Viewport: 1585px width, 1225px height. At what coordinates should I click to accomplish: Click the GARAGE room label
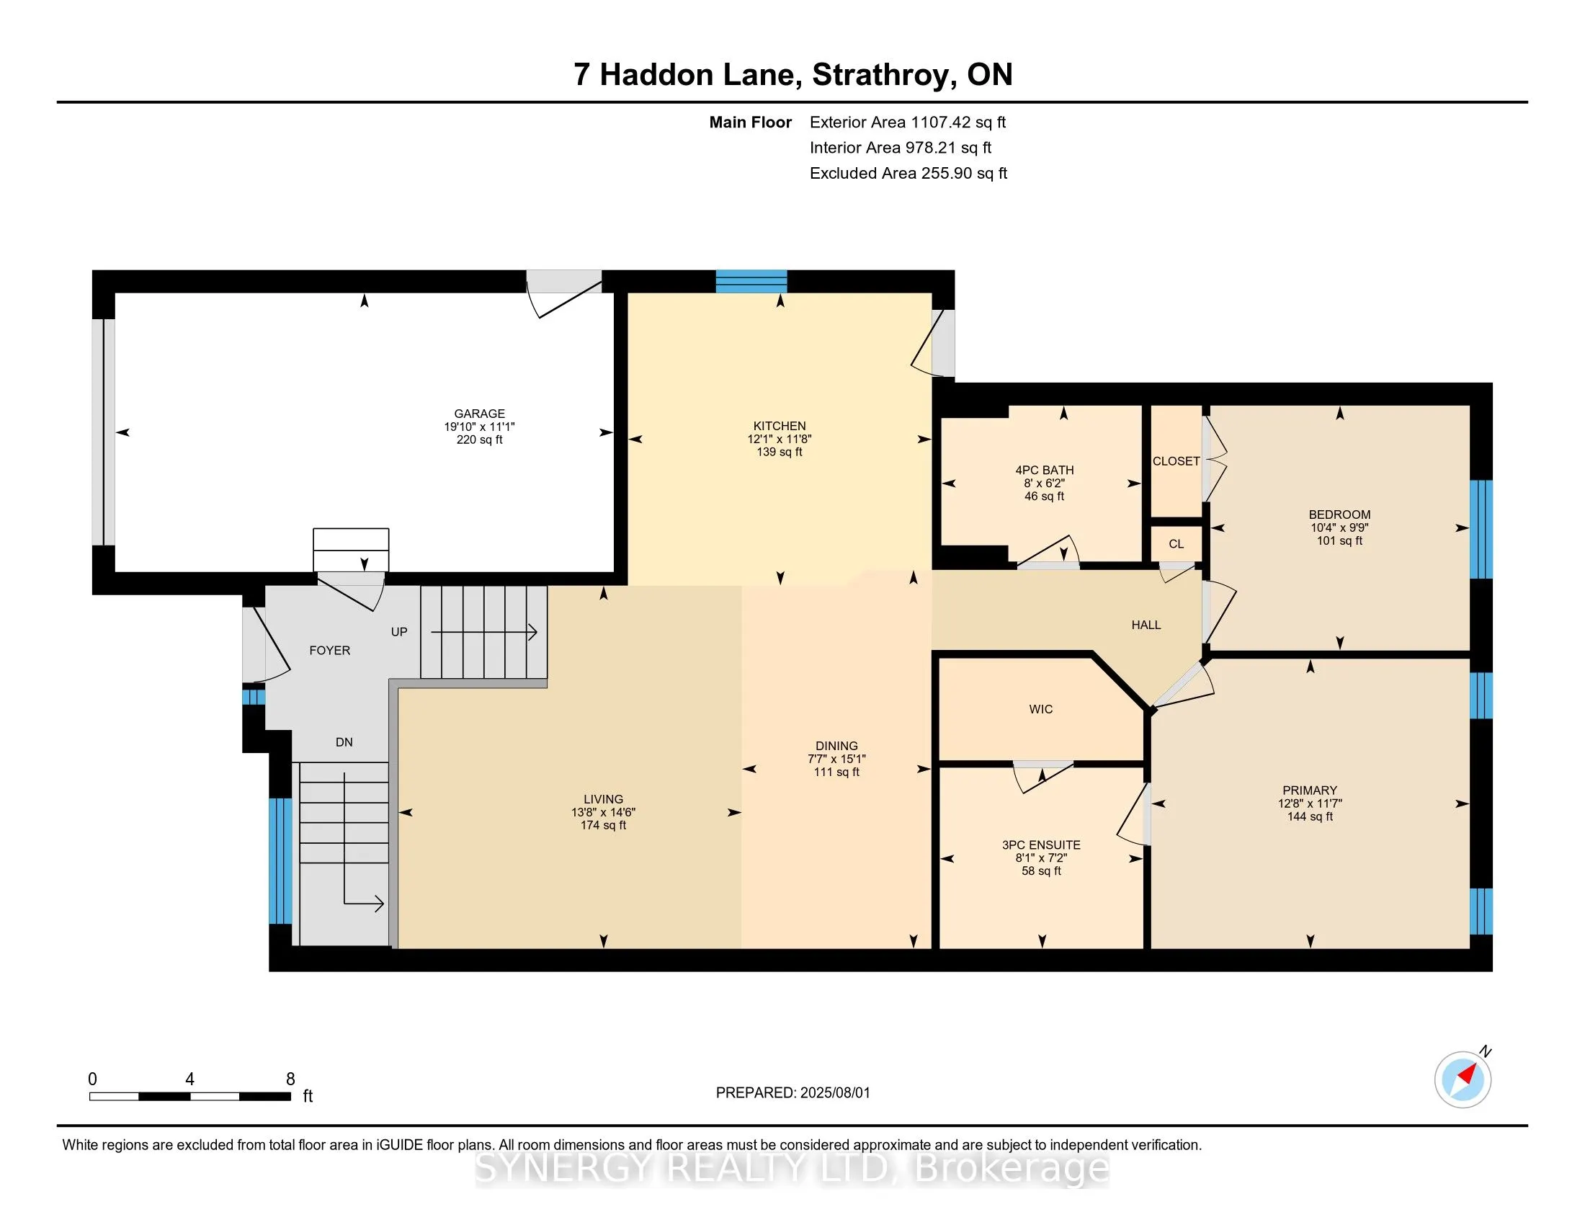[x=479, y=414]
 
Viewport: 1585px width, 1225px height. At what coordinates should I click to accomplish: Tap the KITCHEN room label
[x=780, y=426]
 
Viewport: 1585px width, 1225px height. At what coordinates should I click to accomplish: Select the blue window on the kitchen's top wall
[x=751, y=281]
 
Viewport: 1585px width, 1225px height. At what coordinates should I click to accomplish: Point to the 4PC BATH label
[x=1045, y=471]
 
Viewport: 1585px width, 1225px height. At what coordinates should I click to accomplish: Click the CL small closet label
[x=1177, y=543]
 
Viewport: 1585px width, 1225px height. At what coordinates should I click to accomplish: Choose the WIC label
[x=1041, y=709]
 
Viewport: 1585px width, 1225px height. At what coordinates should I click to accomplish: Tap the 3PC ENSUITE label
[x=1042, y=845]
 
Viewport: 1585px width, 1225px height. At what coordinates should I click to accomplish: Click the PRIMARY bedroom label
[x=1310, y=790]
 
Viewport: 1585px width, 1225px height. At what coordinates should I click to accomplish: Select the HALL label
[x=1146, y=625]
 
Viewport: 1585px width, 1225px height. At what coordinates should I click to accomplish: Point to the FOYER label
[x=329, y=650]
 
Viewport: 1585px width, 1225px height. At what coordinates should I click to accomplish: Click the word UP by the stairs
[x=399, y=631]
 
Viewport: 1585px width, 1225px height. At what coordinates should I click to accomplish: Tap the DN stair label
[x=344, y=741]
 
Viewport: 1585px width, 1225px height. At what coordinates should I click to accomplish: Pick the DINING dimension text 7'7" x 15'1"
[x=836, y=759]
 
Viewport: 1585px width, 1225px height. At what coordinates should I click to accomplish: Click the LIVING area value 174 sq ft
[x=603, y=825]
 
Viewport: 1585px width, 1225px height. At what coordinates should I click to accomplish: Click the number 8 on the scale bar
[x=290, y=1079]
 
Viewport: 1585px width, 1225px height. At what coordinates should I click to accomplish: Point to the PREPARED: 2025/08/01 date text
[x=792, y=1093]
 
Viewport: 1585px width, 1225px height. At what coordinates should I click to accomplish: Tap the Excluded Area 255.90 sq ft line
[x=908, y=174]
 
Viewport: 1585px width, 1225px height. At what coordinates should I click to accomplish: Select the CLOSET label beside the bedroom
[x=1177, y=461]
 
